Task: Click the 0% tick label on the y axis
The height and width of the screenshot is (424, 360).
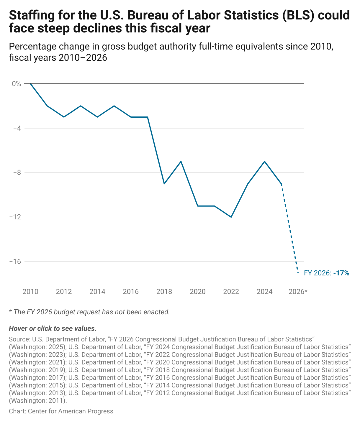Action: click(17, 84)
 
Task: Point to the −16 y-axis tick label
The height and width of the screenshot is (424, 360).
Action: click(15, 262)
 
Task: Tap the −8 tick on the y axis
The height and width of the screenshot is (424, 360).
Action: click(17, 172)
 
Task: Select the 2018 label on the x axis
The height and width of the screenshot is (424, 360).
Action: click(164, 292)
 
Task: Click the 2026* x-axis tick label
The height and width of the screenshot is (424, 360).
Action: click(298, 292)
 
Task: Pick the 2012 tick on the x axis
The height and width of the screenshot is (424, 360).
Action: click(64, 292)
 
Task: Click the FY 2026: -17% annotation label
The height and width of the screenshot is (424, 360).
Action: click(326, 273)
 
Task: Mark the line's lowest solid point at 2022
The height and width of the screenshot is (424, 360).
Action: click(231, 217)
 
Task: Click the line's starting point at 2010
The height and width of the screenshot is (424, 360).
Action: click(30, 84)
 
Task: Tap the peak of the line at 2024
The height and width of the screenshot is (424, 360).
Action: click(265, 162)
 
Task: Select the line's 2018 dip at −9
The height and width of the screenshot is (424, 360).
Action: click(164, 184)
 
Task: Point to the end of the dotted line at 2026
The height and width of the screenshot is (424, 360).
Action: click(298, 273)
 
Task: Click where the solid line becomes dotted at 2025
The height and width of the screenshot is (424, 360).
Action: click(282, 184)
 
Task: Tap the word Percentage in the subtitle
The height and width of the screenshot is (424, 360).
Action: click(32, 47)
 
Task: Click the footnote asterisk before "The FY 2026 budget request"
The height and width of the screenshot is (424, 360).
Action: click(10, 311)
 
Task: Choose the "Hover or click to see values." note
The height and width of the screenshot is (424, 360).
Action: click(53, 328)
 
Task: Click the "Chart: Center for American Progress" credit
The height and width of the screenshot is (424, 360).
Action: click(61, 411)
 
